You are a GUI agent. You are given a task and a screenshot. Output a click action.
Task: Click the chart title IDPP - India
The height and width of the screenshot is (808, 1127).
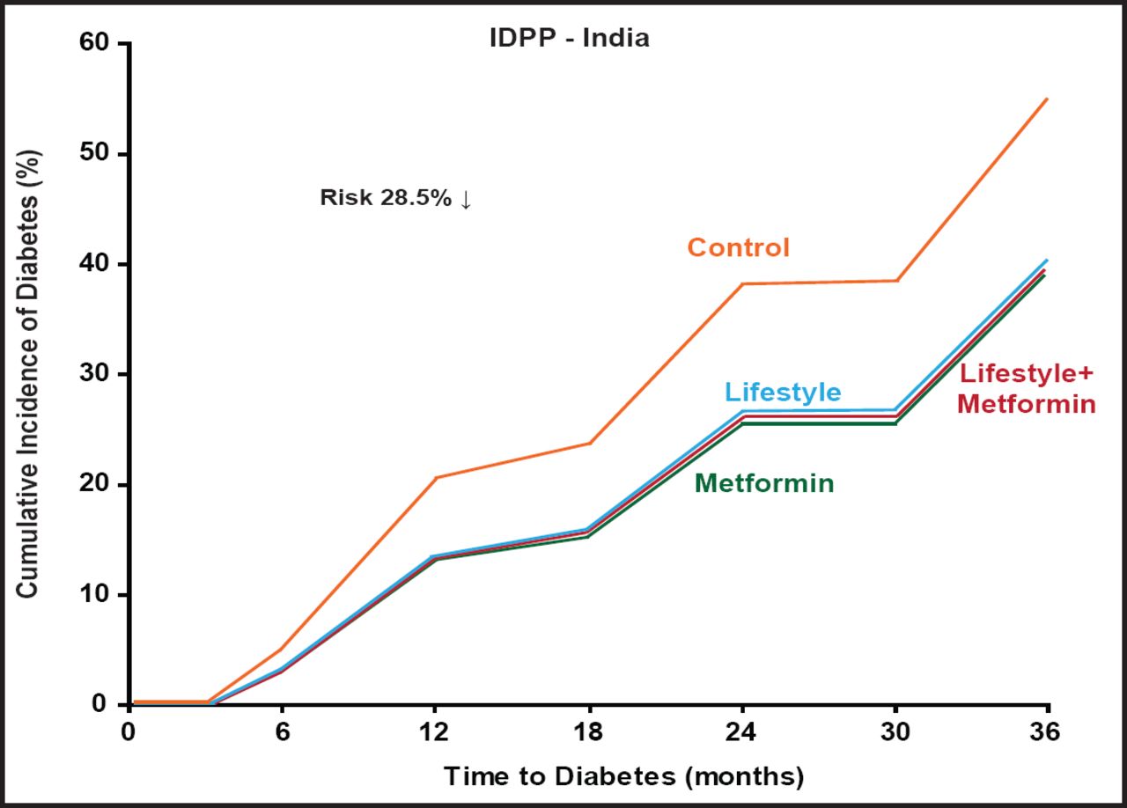click(x=569, y=39)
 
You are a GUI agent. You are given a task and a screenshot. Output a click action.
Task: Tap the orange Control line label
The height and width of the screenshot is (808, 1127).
click(x=738, y=247)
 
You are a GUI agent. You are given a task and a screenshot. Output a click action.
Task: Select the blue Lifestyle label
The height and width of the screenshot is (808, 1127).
click(x=783, y=392)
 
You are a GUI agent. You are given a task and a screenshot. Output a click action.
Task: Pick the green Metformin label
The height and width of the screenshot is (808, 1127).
click(x=764, y=483)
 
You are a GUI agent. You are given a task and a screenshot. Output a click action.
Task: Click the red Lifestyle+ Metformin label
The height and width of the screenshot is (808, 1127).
click(x=1027, y=389)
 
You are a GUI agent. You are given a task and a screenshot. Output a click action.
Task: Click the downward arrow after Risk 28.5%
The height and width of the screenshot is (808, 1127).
click(x=466, y=199)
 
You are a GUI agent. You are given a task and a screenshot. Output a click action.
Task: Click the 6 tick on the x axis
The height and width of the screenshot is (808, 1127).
click(x=282, y=732)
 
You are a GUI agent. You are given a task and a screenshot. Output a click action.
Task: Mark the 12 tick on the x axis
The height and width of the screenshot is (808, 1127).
click(x=435, y=732)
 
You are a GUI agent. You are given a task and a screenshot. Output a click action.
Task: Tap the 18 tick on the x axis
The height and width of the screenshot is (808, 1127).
click(x=588, y=732)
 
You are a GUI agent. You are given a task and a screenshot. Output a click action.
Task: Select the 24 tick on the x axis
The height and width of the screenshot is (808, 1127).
click(x=742, y=732)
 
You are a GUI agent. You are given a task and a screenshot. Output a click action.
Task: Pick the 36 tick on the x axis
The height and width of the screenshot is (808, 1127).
click(x=1048, y=732)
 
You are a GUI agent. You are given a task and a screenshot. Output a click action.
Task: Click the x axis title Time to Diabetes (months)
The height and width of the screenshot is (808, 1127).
click(x=623, y=776)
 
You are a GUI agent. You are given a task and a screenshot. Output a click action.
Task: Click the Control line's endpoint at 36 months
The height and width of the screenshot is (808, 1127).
click(x=1047, y=99)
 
